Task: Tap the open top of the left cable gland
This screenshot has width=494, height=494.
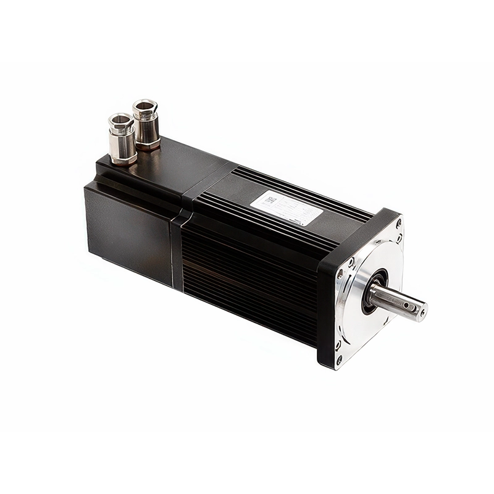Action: pyautogui.click(x=120, y=119)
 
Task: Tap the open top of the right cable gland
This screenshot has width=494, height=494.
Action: pyautogui.click(x=145, y=104)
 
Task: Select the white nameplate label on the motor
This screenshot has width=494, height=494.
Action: pyautogui.click(x=287, y=207)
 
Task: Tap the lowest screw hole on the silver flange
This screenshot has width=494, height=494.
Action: pyautogui.click(x=339, y=359)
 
